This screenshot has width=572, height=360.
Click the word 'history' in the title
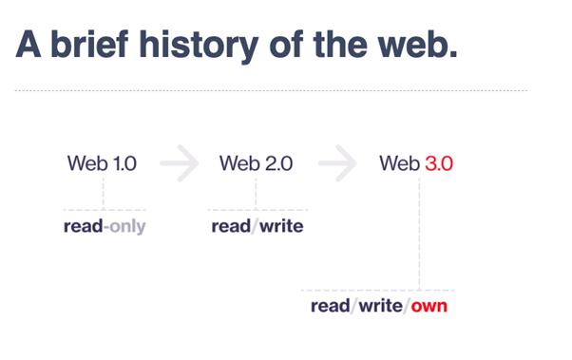[200, 46]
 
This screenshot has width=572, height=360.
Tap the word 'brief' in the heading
[89, 44]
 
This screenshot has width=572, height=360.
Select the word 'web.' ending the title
[417, 44]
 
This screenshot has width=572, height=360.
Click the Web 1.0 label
[103, 163]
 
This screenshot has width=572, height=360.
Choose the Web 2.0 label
[256, 163]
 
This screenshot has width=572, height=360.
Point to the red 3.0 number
[439, 163]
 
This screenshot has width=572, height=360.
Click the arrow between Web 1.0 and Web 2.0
[180, 163]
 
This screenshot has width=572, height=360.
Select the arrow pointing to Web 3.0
[337, 163]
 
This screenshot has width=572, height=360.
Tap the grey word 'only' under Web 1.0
[127, 227]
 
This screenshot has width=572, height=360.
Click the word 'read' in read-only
[84, 226]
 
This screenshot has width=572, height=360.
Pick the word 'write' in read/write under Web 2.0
[281, 226]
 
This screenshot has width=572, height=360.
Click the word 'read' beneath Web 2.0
[231, 226]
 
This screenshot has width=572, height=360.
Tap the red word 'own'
[429, 307]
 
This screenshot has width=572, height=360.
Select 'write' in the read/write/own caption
[380, 306]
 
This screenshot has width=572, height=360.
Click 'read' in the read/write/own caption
[330, 306]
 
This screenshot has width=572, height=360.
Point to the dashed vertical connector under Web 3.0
[419, 234]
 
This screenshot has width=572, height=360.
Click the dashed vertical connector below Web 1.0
[104, 194]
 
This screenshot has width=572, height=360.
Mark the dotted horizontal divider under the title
[271, 90]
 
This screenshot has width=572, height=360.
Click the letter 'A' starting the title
[29, 44]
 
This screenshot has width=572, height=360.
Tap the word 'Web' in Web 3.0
[399, 163]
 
